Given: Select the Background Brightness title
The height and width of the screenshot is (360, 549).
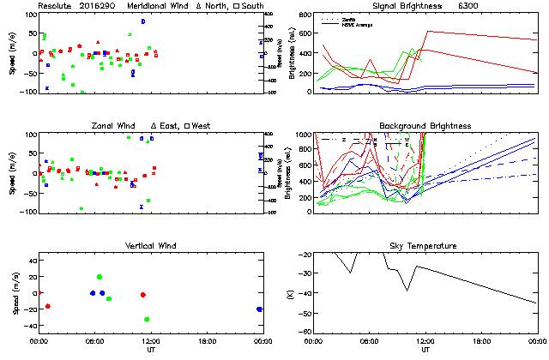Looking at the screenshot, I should coord(426,126).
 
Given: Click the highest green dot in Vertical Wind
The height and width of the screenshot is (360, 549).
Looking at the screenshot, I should coord(100,277).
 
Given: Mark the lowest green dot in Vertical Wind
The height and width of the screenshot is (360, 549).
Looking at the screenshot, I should coord(148,319).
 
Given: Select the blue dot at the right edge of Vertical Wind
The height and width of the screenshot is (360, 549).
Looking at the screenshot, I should coord(259,309).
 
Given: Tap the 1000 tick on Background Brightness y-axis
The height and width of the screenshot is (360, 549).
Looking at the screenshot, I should coord(304,135).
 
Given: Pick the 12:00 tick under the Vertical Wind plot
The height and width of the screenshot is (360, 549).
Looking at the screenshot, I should coord(148,341).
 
